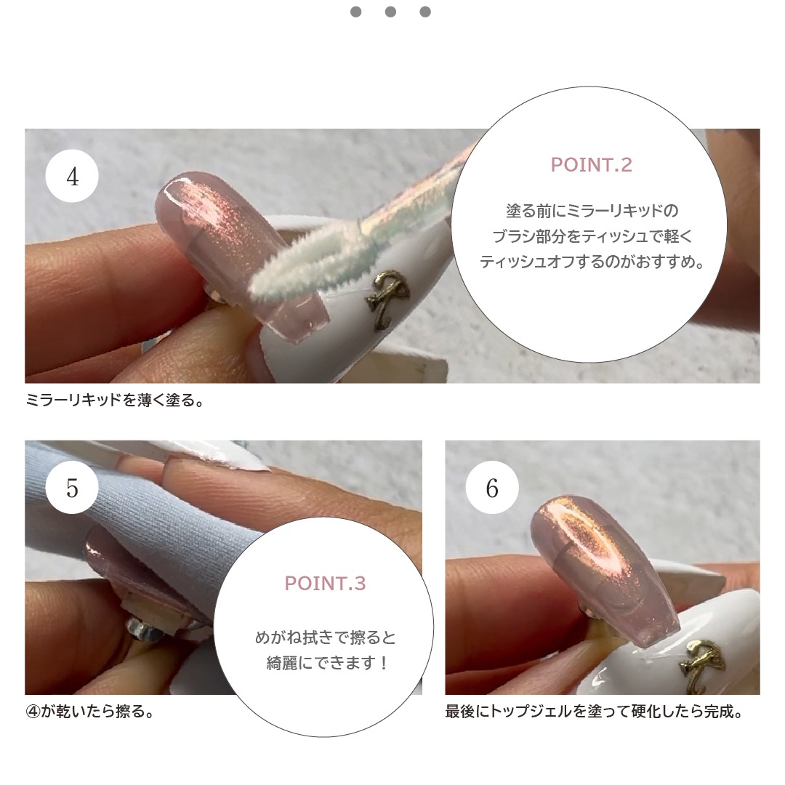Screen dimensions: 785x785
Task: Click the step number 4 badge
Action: [72, 176]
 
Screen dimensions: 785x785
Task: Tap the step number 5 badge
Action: [72, 488]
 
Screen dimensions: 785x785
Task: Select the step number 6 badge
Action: [492, 488]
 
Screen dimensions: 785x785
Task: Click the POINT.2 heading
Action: [591, 165]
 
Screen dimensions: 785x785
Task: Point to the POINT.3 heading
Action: [325, 583]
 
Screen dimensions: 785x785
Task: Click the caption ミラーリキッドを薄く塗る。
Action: [115, 400]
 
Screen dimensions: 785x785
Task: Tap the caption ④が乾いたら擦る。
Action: [90, 711]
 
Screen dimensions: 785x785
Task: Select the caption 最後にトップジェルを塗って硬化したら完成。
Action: [595, 711]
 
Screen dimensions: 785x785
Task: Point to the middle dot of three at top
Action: [390, 12]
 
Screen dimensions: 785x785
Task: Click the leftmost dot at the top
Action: [356, 12]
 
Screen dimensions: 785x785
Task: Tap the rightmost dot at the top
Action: [425, 12]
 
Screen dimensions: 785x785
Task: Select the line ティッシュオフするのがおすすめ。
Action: [592, 262]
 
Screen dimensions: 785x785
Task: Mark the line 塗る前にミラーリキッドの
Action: [592, 211]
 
